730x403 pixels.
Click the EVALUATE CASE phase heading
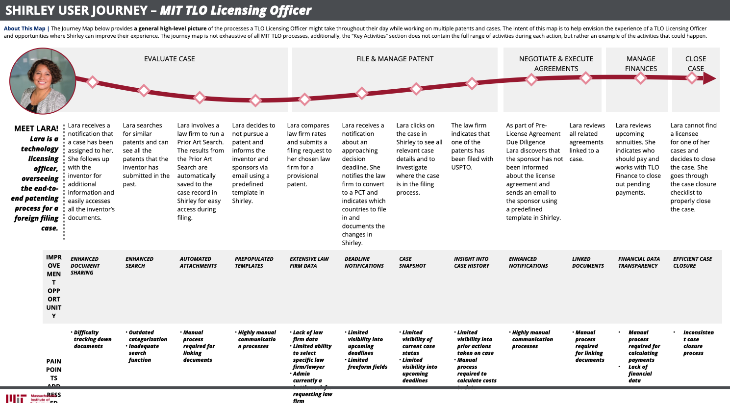(x=169, y=59)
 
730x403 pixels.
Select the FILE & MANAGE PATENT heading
(x=395, y=59)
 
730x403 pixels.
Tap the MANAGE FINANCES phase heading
(x=641, y=64)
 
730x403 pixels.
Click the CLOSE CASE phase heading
(x=696, y=64)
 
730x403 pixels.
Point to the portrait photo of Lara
(x=43, y=81)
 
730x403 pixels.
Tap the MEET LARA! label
(x=36, y=128)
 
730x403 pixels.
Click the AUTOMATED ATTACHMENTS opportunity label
(x=198, y=262)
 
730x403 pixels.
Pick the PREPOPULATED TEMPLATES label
(x=254, y=262)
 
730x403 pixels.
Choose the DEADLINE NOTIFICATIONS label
(x=364, y=262)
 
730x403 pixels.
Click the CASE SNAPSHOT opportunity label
(x=412, y=262)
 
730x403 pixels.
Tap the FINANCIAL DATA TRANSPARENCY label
(x=639, y=262)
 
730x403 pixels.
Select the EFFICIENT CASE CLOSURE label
(x=692, y=262)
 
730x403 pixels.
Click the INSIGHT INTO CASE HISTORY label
(x=472, y=262)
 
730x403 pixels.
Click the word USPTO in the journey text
(x=462, y=167)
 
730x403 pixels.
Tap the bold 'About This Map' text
(x=25, y=28)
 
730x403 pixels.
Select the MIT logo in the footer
(x=16, y=399)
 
